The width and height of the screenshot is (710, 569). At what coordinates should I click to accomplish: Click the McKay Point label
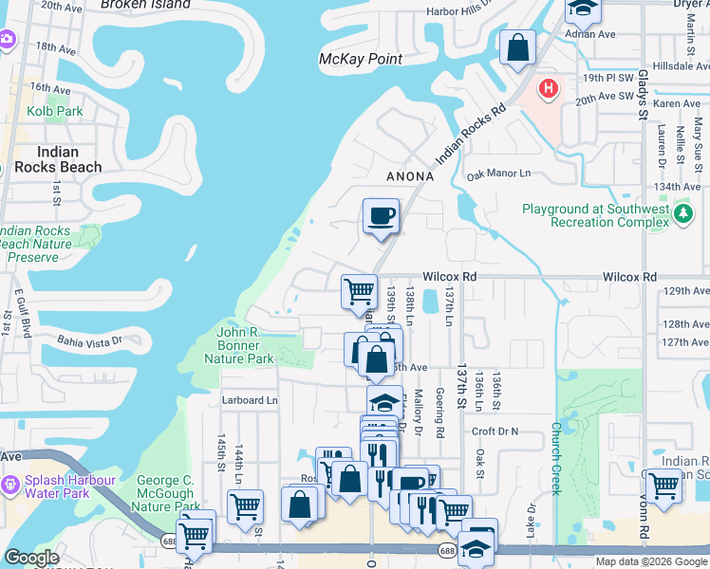pyautogui.click(x=361, y=59)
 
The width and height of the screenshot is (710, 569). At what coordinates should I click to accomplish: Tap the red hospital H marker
pyautogui.click(x=548, y=90)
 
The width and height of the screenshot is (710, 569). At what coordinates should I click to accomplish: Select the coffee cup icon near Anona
pyautogui.click(x=381, y=216)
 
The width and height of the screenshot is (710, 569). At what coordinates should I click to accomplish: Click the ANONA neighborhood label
pyautogui.click(x=410, y=176)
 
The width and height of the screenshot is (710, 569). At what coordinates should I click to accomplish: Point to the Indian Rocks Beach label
pyautogui.click(x=56, y=159)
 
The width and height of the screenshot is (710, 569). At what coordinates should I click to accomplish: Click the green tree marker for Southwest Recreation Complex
pyautogui.click(x=683, y=215)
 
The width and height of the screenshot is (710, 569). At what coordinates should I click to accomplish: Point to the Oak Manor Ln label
pyautogui.click(x=498, y=174)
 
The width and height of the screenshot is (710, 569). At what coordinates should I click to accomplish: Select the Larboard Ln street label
pyautogui.click(x=250, y=400)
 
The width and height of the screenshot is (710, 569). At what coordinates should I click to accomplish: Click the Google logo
pyautogui.click(x=31, y=558)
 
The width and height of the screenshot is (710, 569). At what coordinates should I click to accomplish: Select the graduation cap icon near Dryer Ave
pyautogui.click(x=582, y=10)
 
